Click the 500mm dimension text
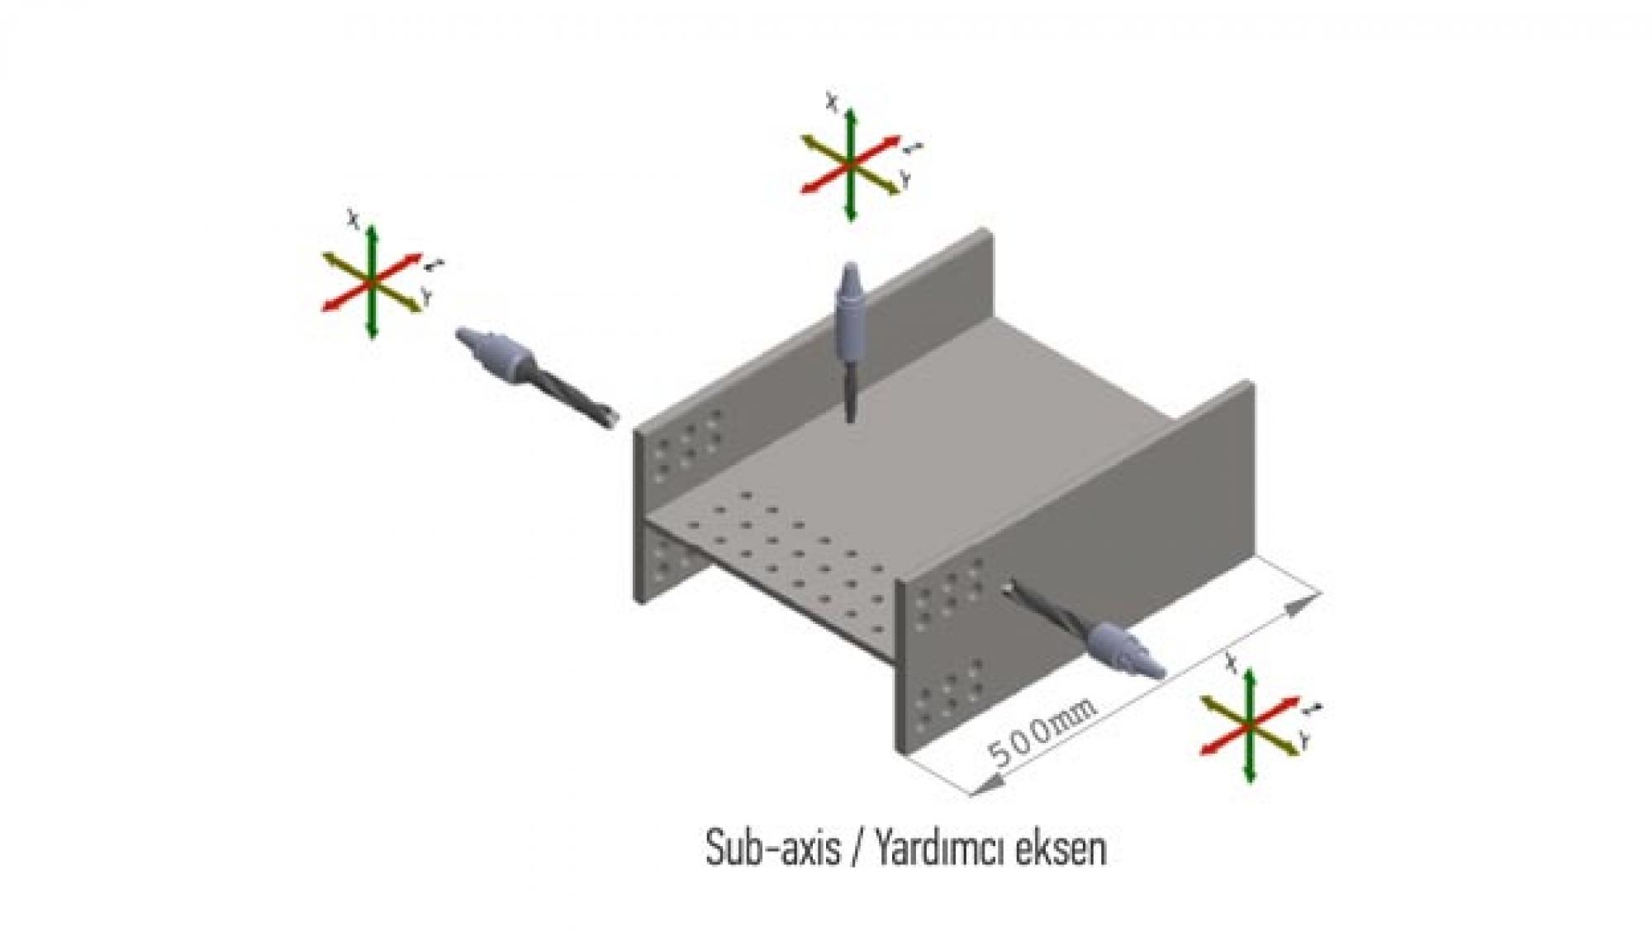(1042, 732)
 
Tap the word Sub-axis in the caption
(771, 849)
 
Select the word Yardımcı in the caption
(947, 849)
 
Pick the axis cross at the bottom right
(1250, 725)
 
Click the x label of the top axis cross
(833, 103)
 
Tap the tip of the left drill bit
(611, 421)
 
